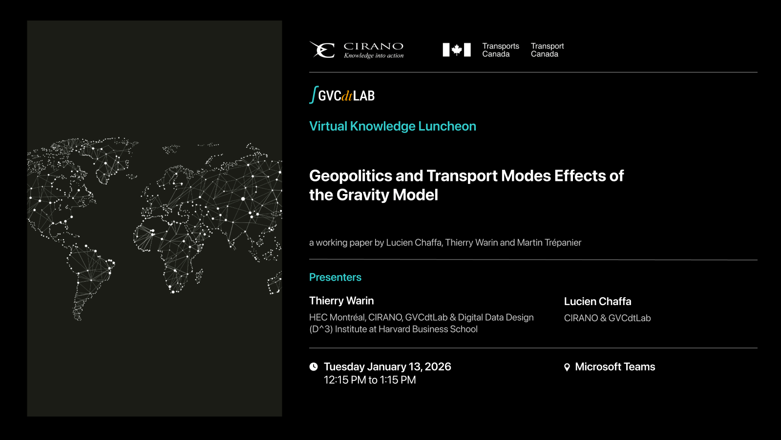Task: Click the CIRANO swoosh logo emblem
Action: click(x=322, y=49)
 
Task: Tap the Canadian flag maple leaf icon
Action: click(x=456, y=49)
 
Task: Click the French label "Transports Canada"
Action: click(x=500, y=50)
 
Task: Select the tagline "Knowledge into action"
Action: click(x=374, y=55)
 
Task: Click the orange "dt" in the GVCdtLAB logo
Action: click(x=347, y=96)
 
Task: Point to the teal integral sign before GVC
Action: click(x=314, y=94)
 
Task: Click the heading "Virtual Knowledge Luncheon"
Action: click(x=393, y=126)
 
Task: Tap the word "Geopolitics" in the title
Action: click(x=350, y=176)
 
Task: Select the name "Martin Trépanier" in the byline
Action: click(x=549, y=242)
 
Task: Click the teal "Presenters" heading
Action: click(x=335, y=277)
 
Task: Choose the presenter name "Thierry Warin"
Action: click(x=341, y=301)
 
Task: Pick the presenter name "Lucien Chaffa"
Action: click(x=598, y=301)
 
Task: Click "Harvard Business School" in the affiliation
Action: click(x=428, y=329)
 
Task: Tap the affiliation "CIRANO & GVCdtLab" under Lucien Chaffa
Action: click(x=608, y=318)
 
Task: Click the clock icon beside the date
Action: click(x=314, y=366)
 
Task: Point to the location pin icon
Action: click(x=567, y=367)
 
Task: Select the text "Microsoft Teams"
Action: click(x=615, y=367)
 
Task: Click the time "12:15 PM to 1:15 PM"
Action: click(x=370, y=380)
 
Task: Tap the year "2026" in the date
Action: click(x=438, y=367)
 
